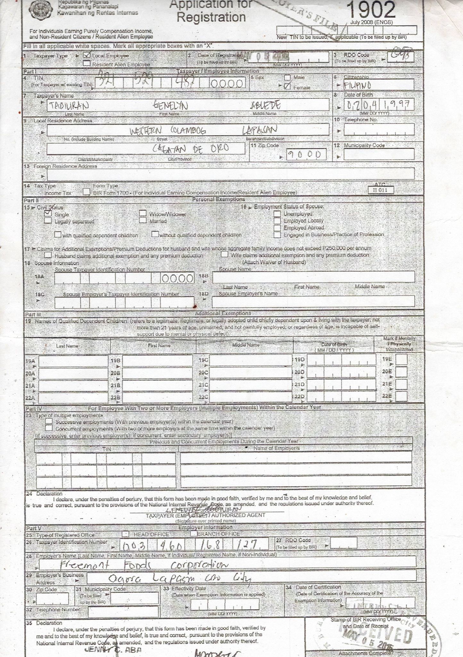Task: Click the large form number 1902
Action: [x=371, y=10]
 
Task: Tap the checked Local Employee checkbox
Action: [x=87, y=55]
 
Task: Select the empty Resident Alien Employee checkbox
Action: [x=87, y=64]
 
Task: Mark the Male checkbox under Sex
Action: [x=287, y=78]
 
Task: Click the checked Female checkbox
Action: [x=287, y=86]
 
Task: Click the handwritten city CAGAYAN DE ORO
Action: [x=190, y=149]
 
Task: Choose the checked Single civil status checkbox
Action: [x=48, y=213]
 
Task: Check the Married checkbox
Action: [x=143, y=220]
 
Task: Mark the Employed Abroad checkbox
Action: [x=277, y=227]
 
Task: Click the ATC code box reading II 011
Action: [x=381, y=190]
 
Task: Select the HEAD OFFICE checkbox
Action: [x=126, y=534]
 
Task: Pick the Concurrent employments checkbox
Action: [x=49, y=428]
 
